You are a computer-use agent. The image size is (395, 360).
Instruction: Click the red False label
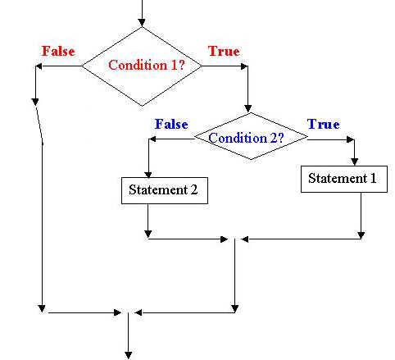pos(58,51)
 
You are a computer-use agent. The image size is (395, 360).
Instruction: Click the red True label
pos(224,51)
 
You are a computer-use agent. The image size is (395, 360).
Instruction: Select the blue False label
pos(171,124)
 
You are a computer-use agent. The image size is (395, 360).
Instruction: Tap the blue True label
pos(324,124)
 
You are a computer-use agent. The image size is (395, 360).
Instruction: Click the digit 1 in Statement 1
pos(373,178)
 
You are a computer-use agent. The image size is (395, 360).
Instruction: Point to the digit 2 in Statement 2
pos(194,189)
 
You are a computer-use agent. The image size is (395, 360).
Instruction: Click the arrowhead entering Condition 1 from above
pos(142,23)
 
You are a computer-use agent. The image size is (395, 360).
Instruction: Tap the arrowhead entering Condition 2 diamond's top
pos(247,108)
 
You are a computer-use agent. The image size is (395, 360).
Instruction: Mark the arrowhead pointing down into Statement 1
pos(354,162)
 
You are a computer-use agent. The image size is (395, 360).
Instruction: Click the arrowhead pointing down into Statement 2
pos(148,174)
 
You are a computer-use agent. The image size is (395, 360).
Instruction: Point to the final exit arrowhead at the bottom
pos(128,356)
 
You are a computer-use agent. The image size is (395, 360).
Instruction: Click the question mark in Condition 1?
pos(182,65)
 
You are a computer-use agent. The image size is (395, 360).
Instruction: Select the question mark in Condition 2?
pos(280,138)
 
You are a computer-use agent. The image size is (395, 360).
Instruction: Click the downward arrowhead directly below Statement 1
pos(361,235)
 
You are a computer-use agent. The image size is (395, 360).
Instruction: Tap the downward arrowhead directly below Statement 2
pos(148,234)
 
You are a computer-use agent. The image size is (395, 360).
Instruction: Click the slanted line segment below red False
pos(39,125)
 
